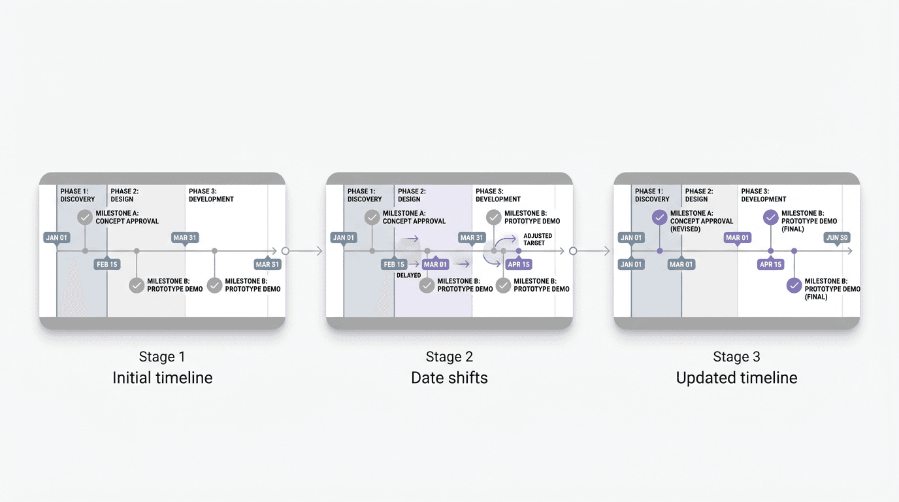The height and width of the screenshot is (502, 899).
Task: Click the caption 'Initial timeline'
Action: [162, 378]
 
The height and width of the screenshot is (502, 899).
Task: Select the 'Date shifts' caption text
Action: [449, 378]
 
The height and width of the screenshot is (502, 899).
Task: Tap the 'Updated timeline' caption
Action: [736, 378]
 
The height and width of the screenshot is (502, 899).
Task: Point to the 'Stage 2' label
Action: [449, 357]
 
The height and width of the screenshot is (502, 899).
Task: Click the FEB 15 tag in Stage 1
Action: [106, 265]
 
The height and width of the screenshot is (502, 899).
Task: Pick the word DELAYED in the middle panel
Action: [408, 275]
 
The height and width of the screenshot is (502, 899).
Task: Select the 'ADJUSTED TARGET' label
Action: [538, 239]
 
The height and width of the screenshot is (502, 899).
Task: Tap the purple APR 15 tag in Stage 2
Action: [518, 265]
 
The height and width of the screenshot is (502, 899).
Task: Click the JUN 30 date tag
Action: [837, 238]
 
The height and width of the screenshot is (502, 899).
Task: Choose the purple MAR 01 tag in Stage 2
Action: [435, 265]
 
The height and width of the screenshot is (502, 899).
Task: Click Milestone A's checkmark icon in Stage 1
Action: [85, 217]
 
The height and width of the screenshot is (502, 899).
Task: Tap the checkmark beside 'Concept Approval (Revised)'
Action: [660, 217]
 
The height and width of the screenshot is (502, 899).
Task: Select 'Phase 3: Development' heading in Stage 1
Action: [211, 195]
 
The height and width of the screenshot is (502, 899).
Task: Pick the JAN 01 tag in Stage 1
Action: [57, 238]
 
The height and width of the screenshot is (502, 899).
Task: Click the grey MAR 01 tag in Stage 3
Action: [681, 265]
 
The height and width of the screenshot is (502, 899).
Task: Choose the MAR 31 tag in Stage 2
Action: [471, 238]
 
